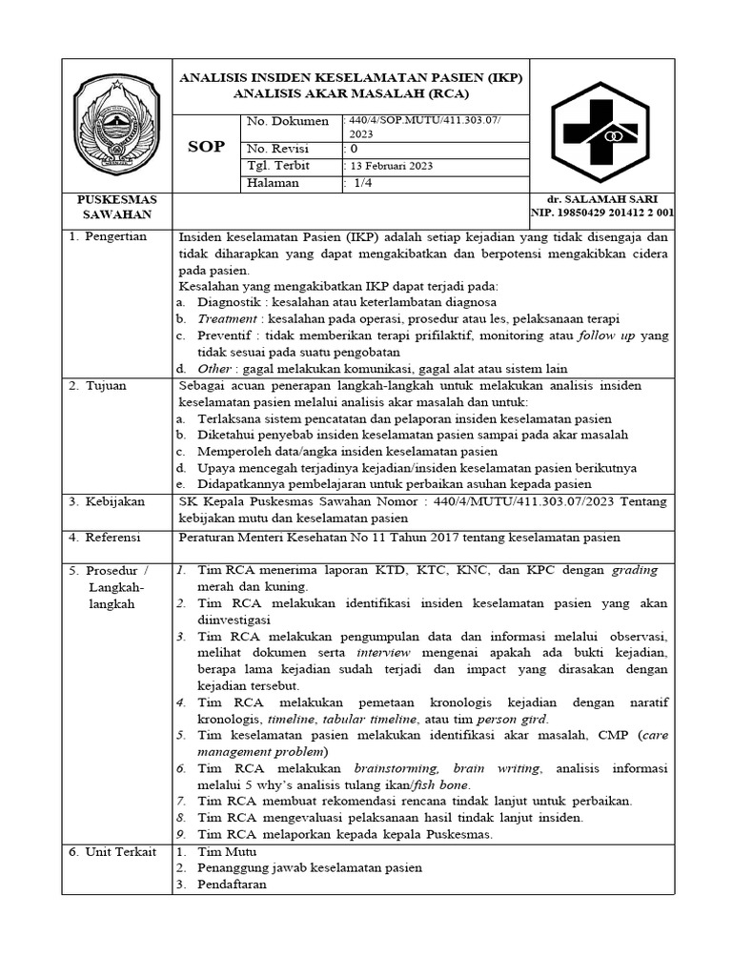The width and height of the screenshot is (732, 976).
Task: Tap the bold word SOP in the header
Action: click(x=206, y=148)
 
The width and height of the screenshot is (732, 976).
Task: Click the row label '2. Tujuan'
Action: click(x=100, y=386)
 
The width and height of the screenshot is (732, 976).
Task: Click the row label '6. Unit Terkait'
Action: click(x=112, y=851)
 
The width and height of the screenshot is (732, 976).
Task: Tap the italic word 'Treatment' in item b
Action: click(x=227, y=318)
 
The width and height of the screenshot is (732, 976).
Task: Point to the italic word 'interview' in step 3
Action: click(x=383, y=652)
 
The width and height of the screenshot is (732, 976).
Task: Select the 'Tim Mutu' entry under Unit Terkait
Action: click(x=222, y=851)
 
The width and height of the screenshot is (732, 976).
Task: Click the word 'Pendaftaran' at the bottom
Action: click(x=233, y=884)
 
